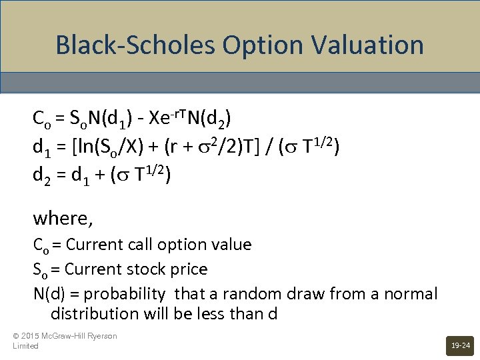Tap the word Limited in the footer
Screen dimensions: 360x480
point(25,346)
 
